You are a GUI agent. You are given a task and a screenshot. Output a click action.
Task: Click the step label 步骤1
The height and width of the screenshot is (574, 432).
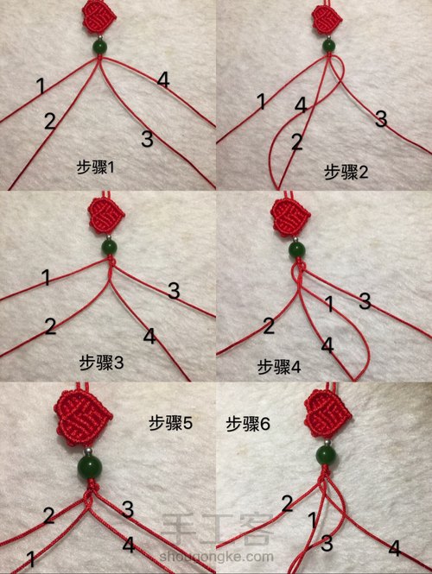click(x=96, y=168)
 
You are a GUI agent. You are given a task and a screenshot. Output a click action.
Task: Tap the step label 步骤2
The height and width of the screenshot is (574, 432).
click(x=346, y=172)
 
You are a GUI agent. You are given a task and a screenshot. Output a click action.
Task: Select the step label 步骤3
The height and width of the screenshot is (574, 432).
click(x=101, y=363)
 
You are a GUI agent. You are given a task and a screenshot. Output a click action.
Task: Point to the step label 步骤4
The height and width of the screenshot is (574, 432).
click(x=279, y=367)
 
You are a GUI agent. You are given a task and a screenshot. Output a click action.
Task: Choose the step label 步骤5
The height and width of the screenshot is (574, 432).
click(x=170, y=424)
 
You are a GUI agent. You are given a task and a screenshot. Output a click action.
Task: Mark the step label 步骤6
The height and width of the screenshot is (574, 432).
click(x=248, y=424)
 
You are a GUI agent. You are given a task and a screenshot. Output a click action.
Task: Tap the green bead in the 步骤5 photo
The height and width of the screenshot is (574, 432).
click(x=90, y=468)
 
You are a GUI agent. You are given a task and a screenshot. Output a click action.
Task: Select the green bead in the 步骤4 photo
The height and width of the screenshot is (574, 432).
click(x=297, y=249)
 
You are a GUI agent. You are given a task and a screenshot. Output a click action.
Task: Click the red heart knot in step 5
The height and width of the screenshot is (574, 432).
click(x=83, y=418)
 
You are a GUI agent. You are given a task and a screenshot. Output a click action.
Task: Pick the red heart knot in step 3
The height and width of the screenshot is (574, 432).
click(x=106, y=217)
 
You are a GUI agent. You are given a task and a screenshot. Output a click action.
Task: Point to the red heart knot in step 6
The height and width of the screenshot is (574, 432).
click(x=328, y=415)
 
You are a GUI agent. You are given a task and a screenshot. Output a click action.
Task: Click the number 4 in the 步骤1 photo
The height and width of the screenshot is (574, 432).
click(x=163, y=79)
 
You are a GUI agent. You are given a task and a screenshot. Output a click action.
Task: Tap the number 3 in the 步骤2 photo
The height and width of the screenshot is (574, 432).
click(x=381, y=119)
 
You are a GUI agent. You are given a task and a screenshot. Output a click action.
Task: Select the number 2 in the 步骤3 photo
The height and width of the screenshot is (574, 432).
click(x=50, y=325)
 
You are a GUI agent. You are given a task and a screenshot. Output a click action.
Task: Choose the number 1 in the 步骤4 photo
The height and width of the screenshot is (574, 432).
click(x=329, y=304)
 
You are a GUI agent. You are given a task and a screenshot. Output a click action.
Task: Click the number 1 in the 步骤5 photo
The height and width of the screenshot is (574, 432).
click(x=32, y=559)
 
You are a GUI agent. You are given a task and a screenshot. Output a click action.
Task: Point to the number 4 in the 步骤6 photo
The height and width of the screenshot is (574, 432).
click(x=394, y=548)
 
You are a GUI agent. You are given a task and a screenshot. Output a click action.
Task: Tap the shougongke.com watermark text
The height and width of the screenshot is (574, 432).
click(x=216, y=557)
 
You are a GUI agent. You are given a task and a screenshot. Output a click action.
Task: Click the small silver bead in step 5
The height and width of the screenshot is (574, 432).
click(x=87, y=449)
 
